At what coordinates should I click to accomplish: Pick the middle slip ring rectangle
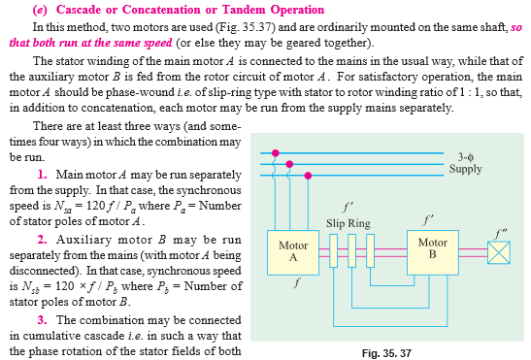(x=355, y=255)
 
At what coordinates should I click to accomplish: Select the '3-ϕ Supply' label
(x=465, y=161)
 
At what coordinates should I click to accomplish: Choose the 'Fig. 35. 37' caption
(x=388, y=350)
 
